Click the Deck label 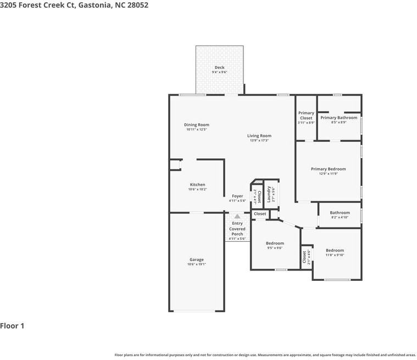tap(219, 68)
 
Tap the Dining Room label tap(196, 125)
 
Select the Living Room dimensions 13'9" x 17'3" tap(259, 141)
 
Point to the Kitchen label tap(197, 185)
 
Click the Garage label tap(196, 259)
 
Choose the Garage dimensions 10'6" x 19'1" tap(196, 264)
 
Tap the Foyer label tap(237, 196)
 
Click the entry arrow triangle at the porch tap(237, 217)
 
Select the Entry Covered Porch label tap(237, 229)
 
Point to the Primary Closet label tap(306, 115)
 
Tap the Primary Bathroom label tap(338, 118)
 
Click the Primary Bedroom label tap(328, 169)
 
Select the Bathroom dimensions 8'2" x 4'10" tap(340, 218)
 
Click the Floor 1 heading tap(12, 326)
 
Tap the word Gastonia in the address tap(96, 5)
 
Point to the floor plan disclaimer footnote tap(265, 355)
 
